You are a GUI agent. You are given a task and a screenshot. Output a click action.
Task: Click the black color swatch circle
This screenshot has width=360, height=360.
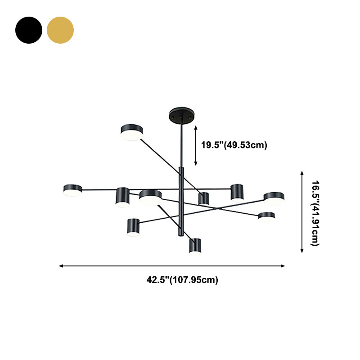[29, 30]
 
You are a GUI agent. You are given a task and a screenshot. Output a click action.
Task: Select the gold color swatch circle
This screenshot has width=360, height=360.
[60, 30]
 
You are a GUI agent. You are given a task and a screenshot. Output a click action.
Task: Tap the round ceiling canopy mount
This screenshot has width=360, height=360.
[182, 115]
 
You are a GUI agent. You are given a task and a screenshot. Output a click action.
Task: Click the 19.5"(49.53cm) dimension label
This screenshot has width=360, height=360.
[234, 145]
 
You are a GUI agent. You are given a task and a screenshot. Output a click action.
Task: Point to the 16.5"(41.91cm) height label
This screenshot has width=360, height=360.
[315, 213]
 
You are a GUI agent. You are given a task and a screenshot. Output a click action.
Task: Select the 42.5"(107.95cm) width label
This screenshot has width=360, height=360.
[182, 280]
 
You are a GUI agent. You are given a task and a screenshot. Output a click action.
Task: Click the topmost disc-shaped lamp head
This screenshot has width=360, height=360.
[132, 132]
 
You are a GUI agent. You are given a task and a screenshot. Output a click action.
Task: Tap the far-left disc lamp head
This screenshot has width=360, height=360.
[72, 190]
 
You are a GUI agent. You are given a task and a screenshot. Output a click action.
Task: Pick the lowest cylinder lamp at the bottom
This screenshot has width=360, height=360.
[195, 246]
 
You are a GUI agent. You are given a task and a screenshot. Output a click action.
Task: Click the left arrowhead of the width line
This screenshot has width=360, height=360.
[61, 266]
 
